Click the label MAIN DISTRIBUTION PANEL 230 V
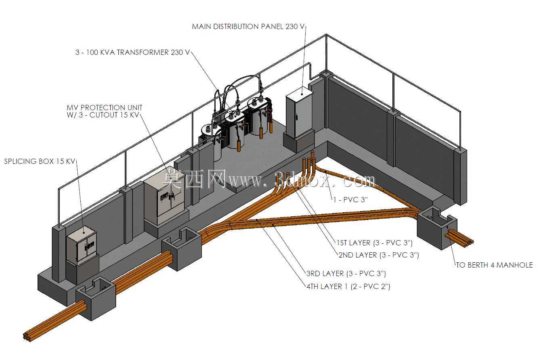coord(248,26)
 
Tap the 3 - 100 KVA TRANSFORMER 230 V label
coord(132,52)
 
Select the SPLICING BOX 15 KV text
coord(40,161)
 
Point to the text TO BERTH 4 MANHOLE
coord(494,265)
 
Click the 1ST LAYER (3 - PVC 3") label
coord(374,243)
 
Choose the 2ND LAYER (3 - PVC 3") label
coord(379,255)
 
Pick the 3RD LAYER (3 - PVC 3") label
coord(346,274)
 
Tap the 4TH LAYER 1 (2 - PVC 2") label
coord(348,287)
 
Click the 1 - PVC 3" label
coord(350,199)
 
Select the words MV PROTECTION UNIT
coord(105,107)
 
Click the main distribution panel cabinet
coord(299,112)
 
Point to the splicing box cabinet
coord(81,246)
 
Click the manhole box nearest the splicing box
coord(96,298)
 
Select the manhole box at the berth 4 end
coord(437,228)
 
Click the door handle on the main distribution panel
coord(296,117)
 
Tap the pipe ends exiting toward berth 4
coord(469,243)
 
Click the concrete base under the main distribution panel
coord(299,141)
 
